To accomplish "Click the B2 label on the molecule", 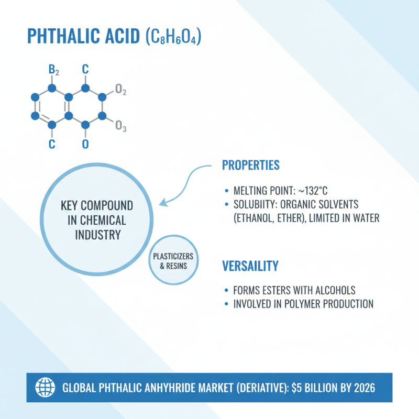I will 53,70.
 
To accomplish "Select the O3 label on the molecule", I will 120,126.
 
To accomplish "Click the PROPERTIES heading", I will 251,165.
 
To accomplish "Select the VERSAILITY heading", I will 250,266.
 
